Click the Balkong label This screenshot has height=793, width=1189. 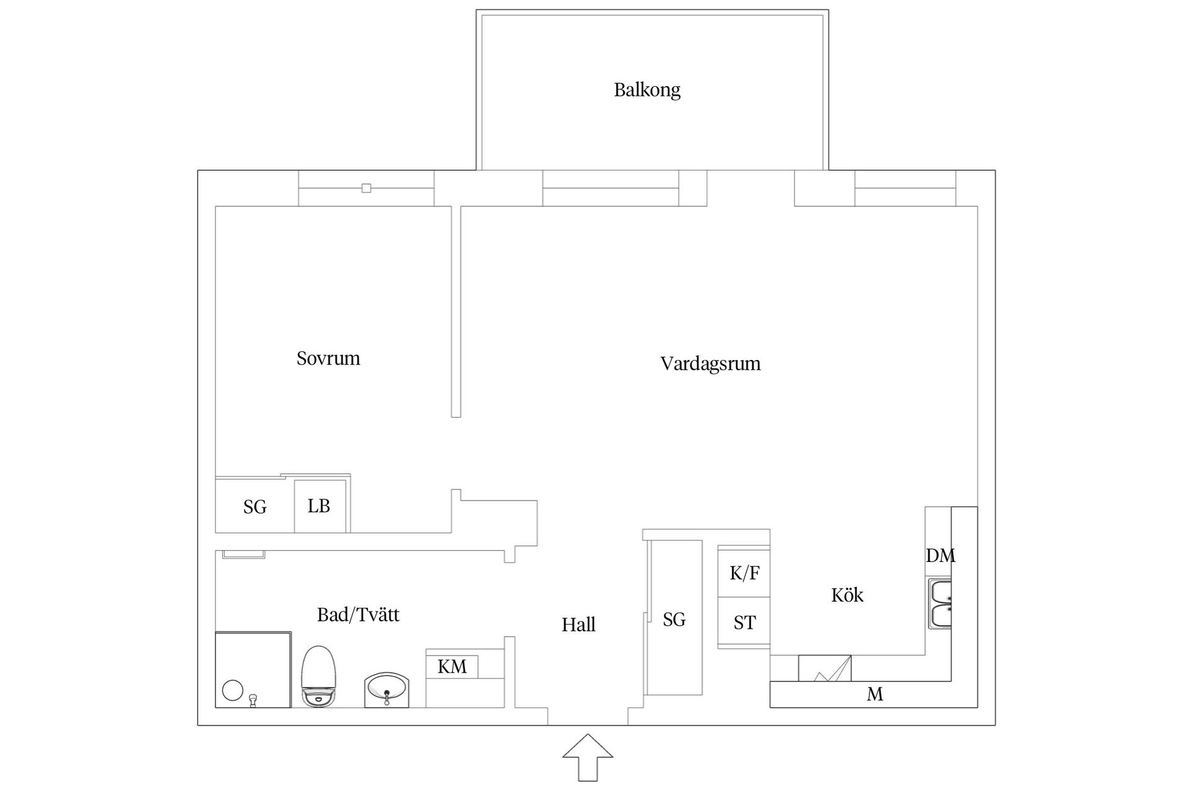pyautogui.click(x=647, y=90)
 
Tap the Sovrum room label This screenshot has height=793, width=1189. pyautogui.click(x=328, y=359)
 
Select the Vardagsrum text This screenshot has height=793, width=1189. pyautogui.click(x=710, y=364)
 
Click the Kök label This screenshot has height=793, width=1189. pyautogui.click(x=847, y=595)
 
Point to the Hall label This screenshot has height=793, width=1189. pyautogui.click(x=578, y=624)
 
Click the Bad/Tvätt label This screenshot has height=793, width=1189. pyautogui.click(x=358, y=615)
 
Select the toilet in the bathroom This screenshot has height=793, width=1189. pyautogui.click(x=318, y=677)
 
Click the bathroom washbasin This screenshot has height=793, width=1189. pyautogui.click(x=387, y=690)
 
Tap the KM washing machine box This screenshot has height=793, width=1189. pyautogui.click(x=452, y=667)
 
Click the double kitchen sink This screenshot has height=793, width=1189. pyautogui.click(x=939, y=604)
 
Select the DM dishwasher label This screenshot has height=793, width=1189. pyautogui.click(x=940, y=556)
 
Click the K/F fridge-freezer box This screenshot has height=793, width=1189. pyautogui.click(x=744, y=572)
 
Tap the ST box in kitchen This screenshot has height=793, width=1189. pyautogui.click(x=744, y=622)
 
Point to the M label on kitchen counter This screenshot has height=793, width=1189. pyautogui.click(x=874, y=694)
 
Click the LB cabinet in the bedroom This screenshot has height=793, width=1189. pyautogui.click(x=319, y=506)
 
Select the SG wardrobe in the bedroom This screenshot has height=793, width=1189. pyautogui.click(x=255, y=507)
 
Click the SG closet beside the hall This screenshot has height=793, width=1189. pyautogui.click(x=674, y=619)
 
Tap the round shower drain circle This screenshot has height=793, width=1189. pyautogui.click(x=232, y=690)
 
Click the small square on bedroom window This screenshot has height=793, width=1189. pyautogui.click(x=367, y=188)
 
